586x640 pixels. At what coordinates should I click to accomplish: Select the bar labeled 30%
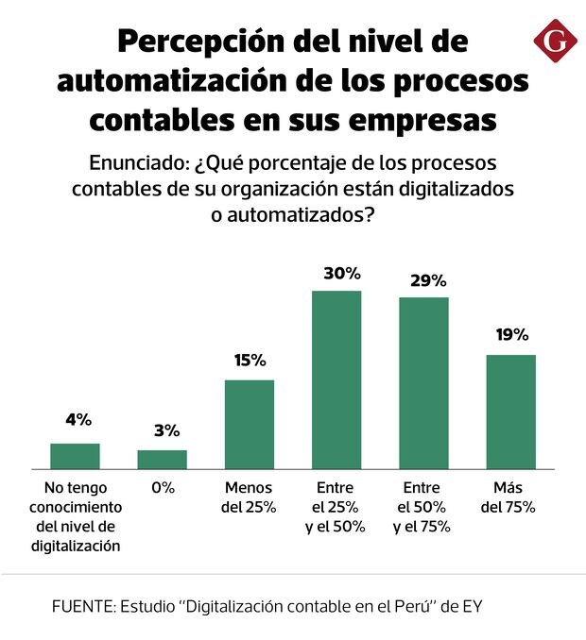pyautogui.click(x=336, y=379)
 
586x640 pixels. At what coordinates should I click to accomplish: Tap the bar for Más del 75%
pyautogui.click(x=510, y=412)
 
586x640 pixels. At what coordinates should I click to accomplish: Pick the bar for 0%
pyautogui.click(x=163, y=459)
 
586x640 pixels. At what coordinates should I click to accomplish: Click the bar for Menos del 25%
pyautogui.click(x=250, y=424)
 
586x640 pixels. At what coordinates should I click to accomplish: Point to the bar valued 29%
pyautogui.click(x=423, y=382)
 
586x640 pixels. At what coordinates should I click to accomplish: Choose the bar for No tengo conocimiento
pyautogui.click(x=75, y=456)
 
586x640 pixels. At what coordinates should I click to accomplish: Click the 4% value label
pyautogui.click(x=78, y=419)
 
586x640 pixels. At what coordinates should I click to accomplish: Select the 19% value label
pyautogui.click(x=511, y=334)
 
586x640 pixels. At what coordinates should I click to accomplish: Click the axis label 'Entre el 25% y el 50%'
pyautogui.click(x=336, y=508)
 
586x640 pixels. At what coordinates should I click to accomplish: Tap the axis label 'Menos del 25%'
pyautogui.click(x=249, y=497)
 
